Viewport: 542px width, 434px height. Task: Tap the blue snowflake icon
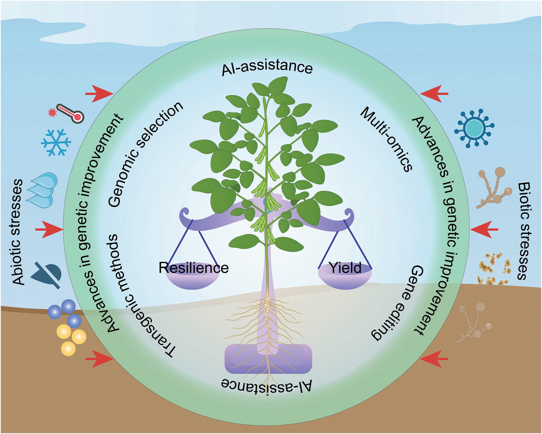(x=56, y=142)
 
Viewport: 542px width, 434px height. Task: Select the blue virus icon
(x=474, y=128)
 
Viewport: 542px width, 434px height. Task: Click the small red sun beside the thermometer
(x=52, y=113)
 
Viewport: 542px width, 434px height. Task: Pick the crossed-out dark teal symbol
(x=48, y=274)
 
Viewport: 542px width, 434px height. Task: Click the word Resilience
(x=194, y=268)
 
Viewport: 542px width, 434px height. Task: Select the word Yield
(x=345, y=268)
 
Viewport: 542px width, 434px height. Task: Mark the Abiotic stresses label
(x=18, y=232)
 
